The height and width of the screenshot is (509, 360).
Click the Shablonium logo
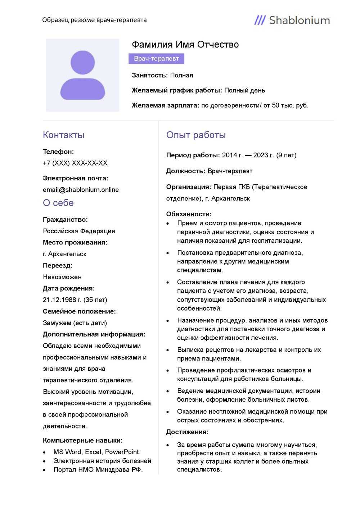point(292,20)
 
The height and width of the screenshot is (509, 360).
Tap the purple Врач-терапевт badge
point(156,59)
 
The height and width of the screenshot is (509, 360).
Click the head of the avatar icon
point(83,63)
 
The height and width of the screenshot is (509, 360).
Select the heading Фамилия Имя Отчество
point(185,45)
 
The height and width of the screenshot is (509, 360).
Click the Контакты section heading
point(63,135)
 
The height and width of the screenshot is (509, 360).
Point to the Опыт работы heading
point(196,135)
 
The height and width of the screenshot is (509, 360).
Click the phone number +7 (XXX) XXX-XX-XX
point(75,163)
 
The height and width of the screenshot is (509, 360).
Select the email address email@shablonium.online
point(81,190)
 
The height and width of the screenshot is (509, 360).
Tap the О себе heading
point(58,203)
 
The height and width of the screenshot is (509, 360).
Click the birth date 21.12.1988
point(60,300)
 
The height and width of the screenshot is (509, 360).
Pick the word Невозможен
point(62,277)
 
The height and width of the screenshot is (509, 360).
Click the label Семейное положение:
point(79,311)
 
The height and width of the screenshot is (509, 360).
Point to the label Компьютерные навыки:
point(82,440)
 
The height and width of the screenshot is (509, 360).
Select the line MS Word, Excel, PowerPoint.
point(97,452)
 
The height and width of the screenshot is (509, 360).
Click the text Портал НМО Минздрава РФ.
point(98,469)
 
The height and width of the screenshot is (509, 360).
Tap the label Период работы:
point(193,155)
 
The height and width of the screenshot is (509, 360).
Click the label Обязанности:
point(189,214)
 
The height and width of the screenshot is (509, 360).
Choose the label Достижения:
point(187,432)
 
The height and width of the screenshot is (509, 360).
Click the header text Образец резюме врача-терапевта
point(94,20)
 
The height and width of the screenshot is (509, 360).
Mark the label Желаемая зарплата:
point(165,105)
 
